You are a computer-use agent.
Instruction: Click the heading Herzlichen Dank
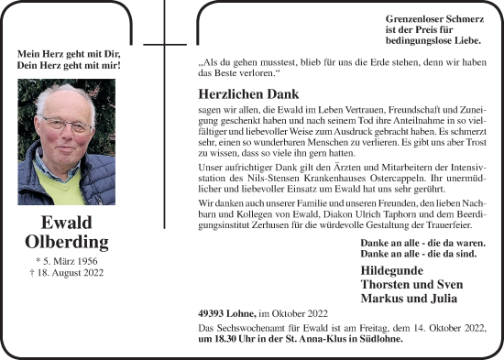coord(248,93)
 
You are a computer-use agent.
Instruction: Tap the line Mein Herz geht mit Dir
coord(70,53)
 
